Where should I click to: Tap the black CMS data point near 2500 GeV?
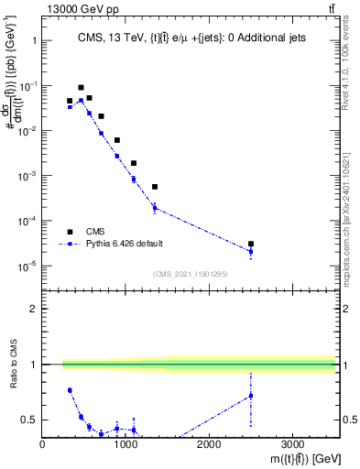[251, 244]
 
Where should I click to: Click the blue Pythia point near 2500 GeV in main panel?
[251, 251]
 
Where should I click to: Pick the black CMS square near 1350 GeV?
[155, 187]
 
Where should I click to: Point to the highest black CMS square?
[81, 88]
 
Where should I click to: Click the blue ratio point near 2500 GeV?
[251, 396]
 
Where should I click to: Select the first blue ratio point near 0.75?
[70, 390]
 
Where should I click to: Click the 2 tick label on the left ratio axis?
[32, 309]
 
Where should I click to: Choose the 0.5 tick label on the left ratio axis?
[28, 420]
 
